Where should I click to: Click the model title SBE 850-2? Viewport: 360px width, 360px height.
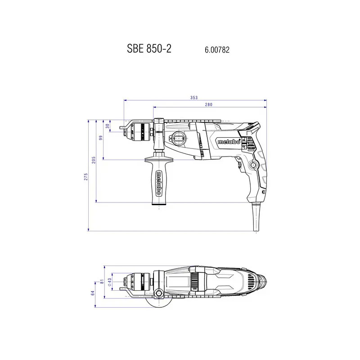(149, 49)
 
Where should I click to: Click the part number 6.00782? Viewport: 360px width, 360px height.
(217, 50)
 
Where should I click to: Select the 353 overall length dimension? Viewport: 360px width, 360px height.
(194, 98)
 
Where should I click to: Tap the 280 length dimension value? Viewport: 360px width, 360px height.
(209, 105)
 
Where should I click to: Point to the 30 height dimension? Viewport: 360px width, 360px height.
(108, 126)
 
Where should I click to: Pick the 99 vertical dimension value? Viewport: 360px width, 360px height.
(100, 138)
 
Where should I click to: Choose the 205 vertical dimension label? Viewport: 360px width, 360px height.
(94, 160)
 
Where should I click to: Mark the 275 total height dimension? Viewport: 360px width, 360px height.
(86, 177)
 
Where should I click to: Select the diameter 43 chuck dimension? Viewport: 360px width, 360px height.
(109, 282)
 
